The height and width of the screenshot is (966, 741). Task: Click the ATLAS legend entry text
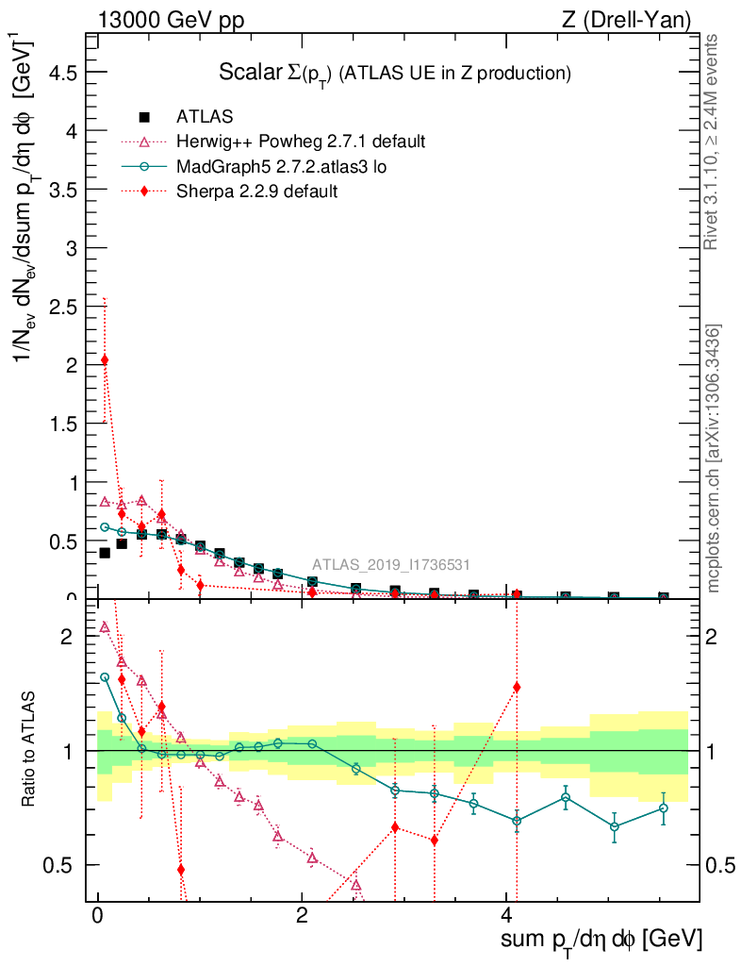click(x=205, y=117)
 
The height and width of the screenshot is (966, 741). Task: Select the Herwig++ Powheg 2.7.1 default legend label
click(x=301, y=142)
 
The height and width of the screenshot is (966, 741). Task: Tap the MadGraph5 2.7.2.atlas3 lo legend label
click(x=282, y=166)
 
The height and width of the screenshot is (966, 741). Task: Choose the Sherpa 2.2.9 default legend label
click(x=257, y=191)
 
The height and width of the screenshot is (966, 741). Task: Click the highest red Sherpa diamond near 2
click(x=105, y=360)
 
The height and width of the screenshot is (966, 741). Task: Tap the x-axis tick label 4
click(x=506, y=916)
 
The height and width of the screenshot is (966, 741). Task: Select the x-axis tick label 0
click(x=97, y=916)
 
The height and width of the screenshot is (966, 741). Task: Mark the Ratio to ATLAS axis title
click(x=30, y=750)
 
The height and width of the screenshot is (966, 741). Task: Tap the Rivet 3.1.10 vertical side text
click(x=712, y=142)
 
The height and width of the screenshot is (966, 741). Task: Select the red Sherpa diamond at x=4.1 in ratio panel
click(x=517, y=687)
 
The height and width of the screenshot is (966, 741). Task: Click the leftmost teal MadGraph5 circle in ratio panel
click(x=105, y=677)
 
